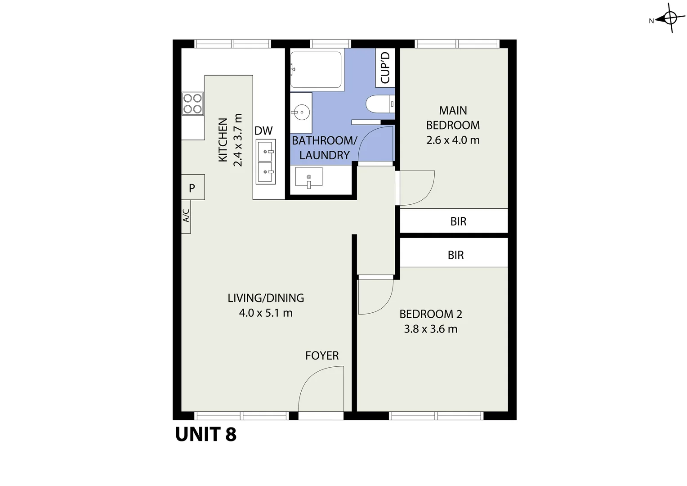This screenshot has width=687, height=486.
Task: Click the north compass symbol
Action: click(x=669, y=19)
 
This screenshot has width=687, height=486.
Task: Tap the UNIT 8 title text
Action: click(x=205, y=434)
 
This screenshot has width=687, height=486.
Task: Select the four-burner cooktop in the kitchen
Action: click(x=192, y=103)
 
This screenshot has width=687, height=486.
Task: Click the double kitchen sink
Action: click(x=265, y=162)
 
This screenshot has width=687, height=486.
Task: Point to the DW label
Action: click(x=263, y=131)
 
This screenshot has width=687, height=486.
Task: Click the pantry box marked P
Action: click(x=192, y=188)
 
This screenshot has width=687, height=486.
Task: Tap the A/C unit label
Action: click(x=186, y=216)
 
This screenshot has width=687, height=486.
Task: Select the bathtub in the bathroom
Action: click(x=316, y=69)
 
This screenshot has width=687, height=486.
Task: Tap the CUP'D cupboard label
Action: click(x=385, y=67)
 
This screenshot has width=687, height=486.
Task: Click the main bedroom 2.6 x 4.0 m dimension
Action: click(x=453, y=140)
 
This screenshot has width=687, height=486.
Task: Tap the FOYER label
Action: click(x=322, y=355)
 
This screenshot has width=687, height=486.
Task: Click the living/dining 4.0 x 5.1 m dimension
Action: click(x=266, y=313)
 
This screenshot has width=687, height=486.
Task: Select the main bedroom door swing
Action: click(x=415, y=188)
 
